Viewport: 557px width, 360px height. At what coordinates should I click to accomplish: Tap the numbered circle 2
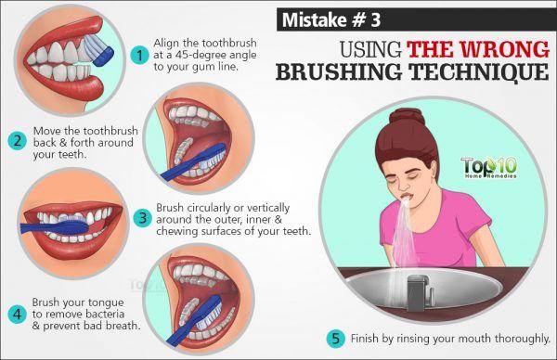16,142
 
